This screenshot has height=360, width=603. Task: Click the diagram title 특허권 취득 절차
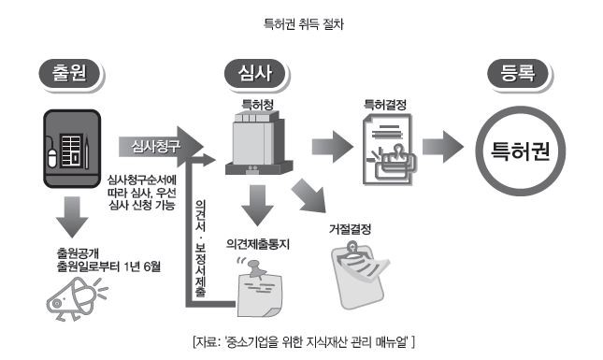pyautogui.click(x=304, y=24)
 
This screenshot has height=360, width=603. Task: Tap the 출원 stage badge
pyautogui.click(x=70, y=74)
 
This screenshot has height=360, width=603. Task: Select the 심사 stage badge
pyautogui.click(x=255, y=74)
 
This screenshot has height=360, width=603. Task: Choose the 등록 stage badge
pyautogui.click(x=518, y=74)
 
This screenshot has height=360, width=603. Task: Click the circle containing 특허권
pyautogui.click(x=521, y=151)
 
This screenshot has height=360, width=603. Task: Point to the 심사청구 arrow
pyautogui.click(x=161, y=147)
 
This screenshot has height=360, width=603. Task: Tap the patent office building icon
pyautogui.click(x=258, y=143)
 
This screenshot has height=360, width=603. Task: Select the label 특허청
pyautogui.click(x=257, y=105)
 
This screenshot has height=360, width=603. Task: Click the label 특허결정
pyautogui.click(x=385, y=105)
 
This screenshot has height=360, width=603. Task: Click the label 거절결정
pyautogui.click(x=351, y=229)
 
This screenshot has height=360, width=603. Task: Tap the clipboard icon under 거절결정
pyautogui.click(x=360, y=275)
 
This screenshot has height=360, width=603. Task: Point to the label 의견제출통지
pyautogui.click(x=258, y=244)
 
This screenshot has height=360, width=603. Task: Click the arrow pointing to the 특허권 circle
pyautogui.click(x=443, y=147)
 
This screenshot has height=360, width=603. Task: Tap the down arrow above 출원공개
pyautogui.click(x=72, y=217)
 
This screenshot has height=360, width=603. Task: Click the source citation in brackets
pyautogui.click(x=304, y=342)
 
